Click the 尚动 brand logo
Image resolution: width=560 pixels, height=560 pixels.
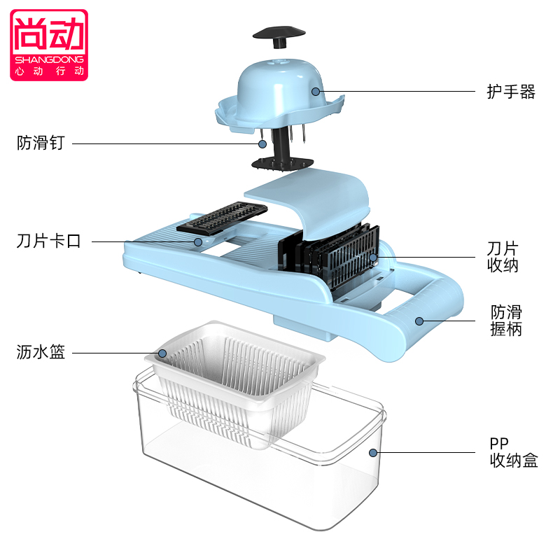[49, 43]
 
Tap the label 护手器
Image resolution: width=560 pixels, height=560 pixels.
[511, 92]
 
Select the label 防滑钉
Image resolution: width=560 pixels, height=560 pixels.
[41, 143]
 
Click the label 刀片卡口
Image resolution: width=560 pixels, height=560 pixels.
[49, 242]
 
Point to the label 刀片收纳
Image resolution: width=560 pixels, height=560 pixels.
[503, 258]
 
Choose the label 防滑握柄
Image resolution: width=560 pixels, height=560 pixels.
[505, 321]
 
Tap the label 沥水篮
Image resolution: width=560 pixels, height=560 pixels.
[41, 353]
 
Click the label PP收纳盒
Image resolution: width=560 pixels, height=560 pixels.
[514, 452]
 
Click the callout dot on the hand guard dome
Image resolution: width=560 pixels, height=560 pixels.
[316, 91]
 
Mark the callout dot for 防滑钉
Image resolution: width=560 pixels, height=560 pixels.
[262, 143]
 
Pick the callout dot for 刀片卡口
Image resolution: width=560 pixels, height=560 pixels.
[198, 242]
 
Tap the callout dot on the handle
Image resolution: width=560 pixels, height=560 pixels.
[419, 321]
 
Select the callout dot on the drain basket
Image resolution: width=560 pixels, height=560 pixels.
[162, 353]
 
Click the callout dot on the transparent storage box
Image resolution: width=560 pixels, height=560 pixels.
[373, 452]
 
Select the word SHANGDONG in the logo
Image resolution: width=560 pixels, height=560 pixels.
[49, 59]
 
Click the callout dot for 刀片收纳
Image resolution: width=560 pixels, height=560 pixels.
[374, 258]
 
